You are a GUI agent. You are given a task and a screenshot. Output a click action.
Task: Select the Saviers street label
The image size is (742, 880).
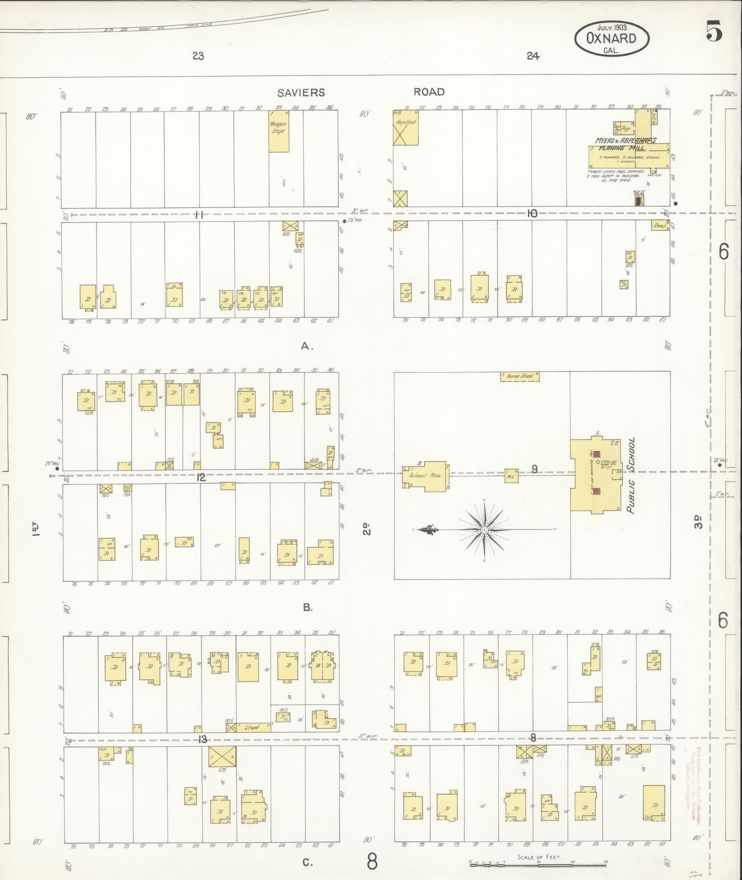pyautogui.click(x=301, y=92)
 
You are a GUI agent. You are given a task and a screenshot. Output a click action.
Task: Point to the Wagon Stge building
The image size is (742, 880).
pyautogui.click(x=279, y=131)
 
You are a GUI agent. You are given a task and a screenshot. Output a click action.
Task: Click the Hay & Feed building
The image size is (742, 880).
pyautogui.click(x=405, y=127)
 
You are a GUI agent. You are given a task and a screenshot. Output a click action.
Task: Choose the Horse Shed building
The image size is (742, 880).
pyautogui.click(x=519, y=376)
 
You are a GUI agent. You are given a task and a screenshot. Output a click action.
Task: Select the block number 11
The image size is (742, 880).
pyautogui.click(x=199, y=214)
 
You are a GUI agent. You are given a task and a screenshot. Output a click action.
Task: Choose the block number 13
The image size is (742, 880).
pyautogui.click(x=202, y=740)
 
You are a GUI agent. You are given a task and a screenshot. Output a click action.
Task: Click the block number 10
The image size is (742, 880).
pyautogui.click(x=532, y=213)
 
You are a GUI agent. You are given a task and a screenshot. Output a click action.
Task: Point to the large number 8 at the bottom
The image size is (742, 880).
pyautogui.click(x=372, y=861)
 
